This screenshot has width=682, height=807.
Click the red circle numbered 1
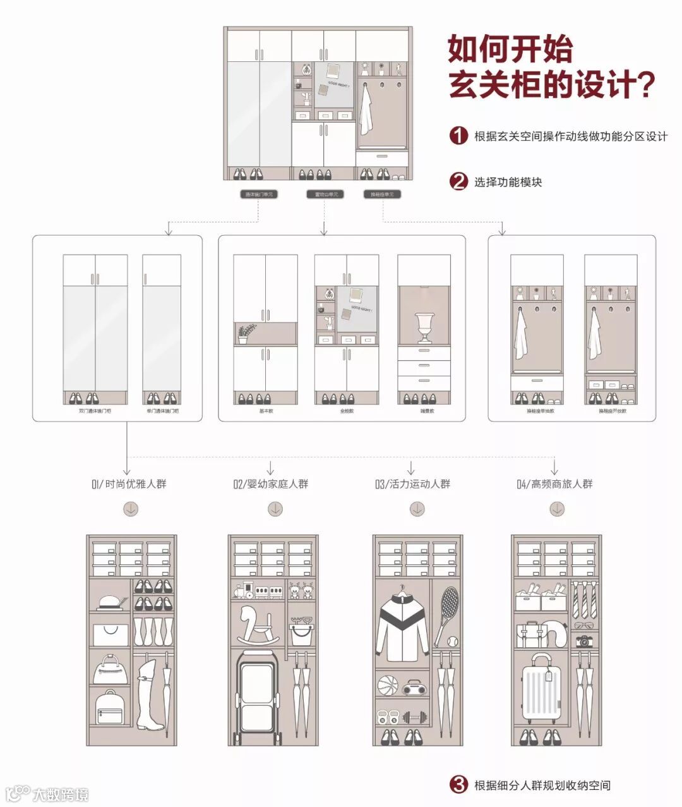[459, 136]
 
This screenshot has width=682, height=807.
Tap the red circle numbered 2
[459, 182]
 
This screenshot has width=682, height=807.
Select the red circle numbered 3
[459, 785]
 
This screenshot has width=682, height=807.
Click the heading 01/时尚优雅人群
[129, 484]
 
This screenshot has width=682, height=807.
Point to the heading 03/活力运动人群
[412, 484]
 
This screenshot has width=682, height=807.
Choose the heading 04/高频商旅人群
[554, 484]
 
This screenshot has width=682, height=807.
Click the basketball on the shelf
[387, 685]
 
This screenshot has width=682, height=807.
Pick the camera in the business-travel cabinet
[585, 641]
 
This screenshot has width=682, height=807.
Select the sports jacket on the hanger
[402, 625]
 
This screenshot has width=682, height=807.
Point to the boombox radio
[414, 687]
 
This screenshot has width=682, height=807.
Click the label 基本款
[266, 411]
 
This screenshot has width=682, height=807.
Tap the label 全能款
[347, 411]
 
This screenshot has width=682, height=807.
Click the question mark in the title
[643, 85]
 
